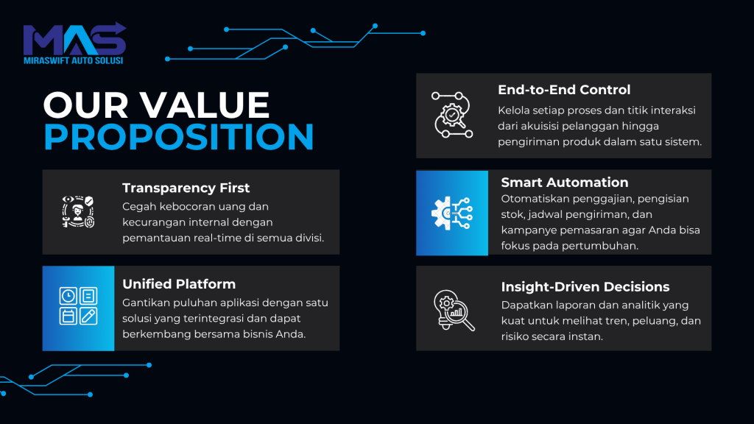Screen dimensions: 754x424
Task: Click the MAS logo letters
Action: [x=74, y=39]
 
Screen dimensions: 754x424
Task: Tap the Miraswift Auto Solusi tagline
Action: [x=74, y=60]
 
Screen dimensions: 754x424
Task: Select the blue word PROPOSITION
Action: [x=179, y=136]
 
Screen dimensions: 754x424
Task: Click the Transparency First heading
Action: [x=186, y=188]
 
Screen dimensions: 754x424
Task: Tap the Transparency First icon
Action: [x=78, y=211]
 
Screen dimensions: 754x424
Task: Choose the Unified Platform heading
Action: [x=179, y=283]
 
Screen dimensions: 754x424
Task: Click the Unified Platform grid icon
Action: [x=78, y=305]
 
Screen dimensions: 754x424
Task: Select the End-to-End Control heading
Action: [x=564, y=90]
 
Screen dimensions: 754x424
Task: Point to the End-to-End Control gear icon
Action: [x=452, y=115]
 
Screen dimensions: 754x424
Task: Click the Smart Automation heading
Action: [x=565, y=183]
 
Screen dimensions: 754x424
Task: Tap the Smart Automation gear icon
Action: [x=452, y=213]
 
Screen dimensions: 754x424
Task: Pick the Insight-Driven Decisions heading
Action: [x=585, y=286]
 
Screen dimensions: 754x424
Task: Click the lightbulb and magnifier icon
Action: [x=454, y=310]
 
